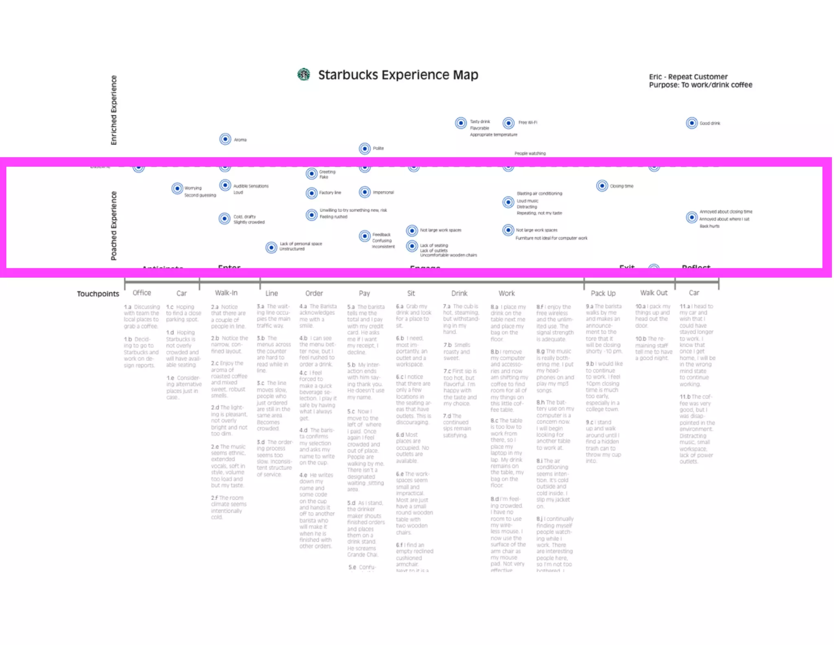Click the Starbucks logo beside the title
pos(303,75)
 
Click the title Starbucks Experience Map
pos(398,75)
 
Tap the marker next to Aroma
pos(225,139)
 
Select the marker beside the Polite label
pos(364,148)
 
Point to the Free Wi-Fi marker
pos(508,123)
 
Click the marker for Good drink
pos(691,123)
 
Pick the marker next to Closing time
pos(602,186)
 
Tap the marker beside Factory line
pos(312,193)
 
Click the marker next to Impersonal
pos(364,192)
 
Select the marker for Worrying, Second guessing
pos(177,188)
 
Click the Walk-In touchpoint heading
pos(226,293)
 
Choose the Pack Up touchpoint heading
pos(603,293)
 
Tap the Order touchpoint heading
pos(314,293)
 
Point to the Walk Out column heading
pos(654,293)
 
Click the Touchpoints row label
pos(98,294)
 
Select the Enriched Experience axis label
pos(114,110)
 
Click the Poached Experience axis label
pos(114,225)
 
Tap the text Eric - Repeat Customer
pos(688,77)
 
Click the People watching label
pos(530,154)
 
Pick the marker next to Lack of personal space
pos(271,247)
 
